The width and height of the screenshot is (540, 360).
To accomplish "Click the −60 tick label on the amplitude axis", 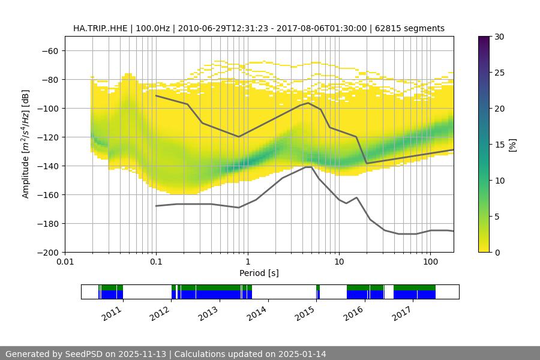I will pos(50,50).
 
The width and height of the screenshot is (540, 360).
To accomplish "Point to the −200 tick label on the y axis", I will pos(47,252).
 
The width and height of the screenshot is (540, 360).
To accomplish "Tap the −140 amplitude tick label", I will pos(47,166).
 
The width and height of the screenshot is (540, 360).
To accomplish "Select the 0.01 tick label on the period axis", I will pos(65,262).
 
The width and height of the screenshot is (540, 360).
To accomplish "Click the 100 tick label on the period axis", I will pos(430,262).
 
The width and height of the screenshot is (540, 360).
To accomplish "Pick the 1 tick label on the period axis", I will pos(247,262).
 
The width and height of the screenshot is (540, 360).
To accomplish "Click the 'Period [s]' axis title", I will pos(259,273).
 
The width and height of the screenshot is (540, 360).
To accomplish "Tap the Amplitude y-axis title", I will pos(26,144).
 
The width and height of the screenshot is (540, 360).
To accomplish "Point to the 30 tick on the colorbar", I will pos(499,37).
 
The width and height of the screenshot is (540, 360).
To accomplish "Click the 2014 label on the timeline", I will pos(256,313).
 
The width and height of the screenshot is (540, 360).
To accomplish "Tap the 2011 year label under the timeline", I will pos(112,313).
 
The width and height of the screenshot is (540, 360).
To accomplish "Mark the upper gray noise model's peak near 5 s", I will pos(308,103).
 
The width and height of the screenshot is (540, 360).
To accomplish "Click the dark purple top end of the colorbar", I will pos(484,38).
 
